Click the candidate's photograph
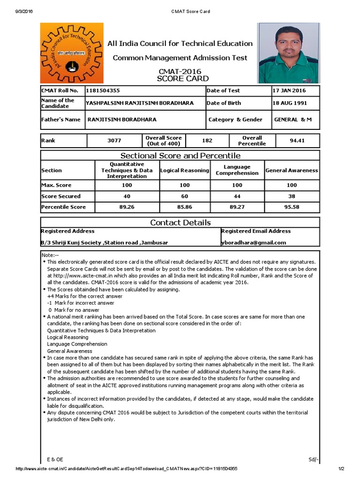click(x=289, y=53)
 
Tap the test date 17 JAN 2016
click(x=290, y=90)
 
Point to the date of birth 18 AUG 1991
click(x=290, y=103)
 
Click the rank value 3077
click(x=114, y=141)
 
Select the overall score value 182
click(x=207, y=141)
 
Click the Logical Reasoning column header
click(x=185, y=171)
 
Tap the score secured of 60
click(x=185, y=196)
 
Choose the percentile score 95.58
click(x=292, y=207)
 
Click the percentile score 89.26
click(x=127, y=207)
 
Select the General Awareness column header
click(x=292, y=171)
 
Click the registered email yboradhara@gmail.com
click(x=254, y=243)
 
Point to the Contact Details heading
click(x=180, y=223)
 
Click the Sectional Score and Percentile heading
click(x=180, y=156)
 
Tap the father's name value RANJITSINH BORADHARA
click(x=122, y=120)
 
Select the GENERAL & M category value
click(x=293, y=120)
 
